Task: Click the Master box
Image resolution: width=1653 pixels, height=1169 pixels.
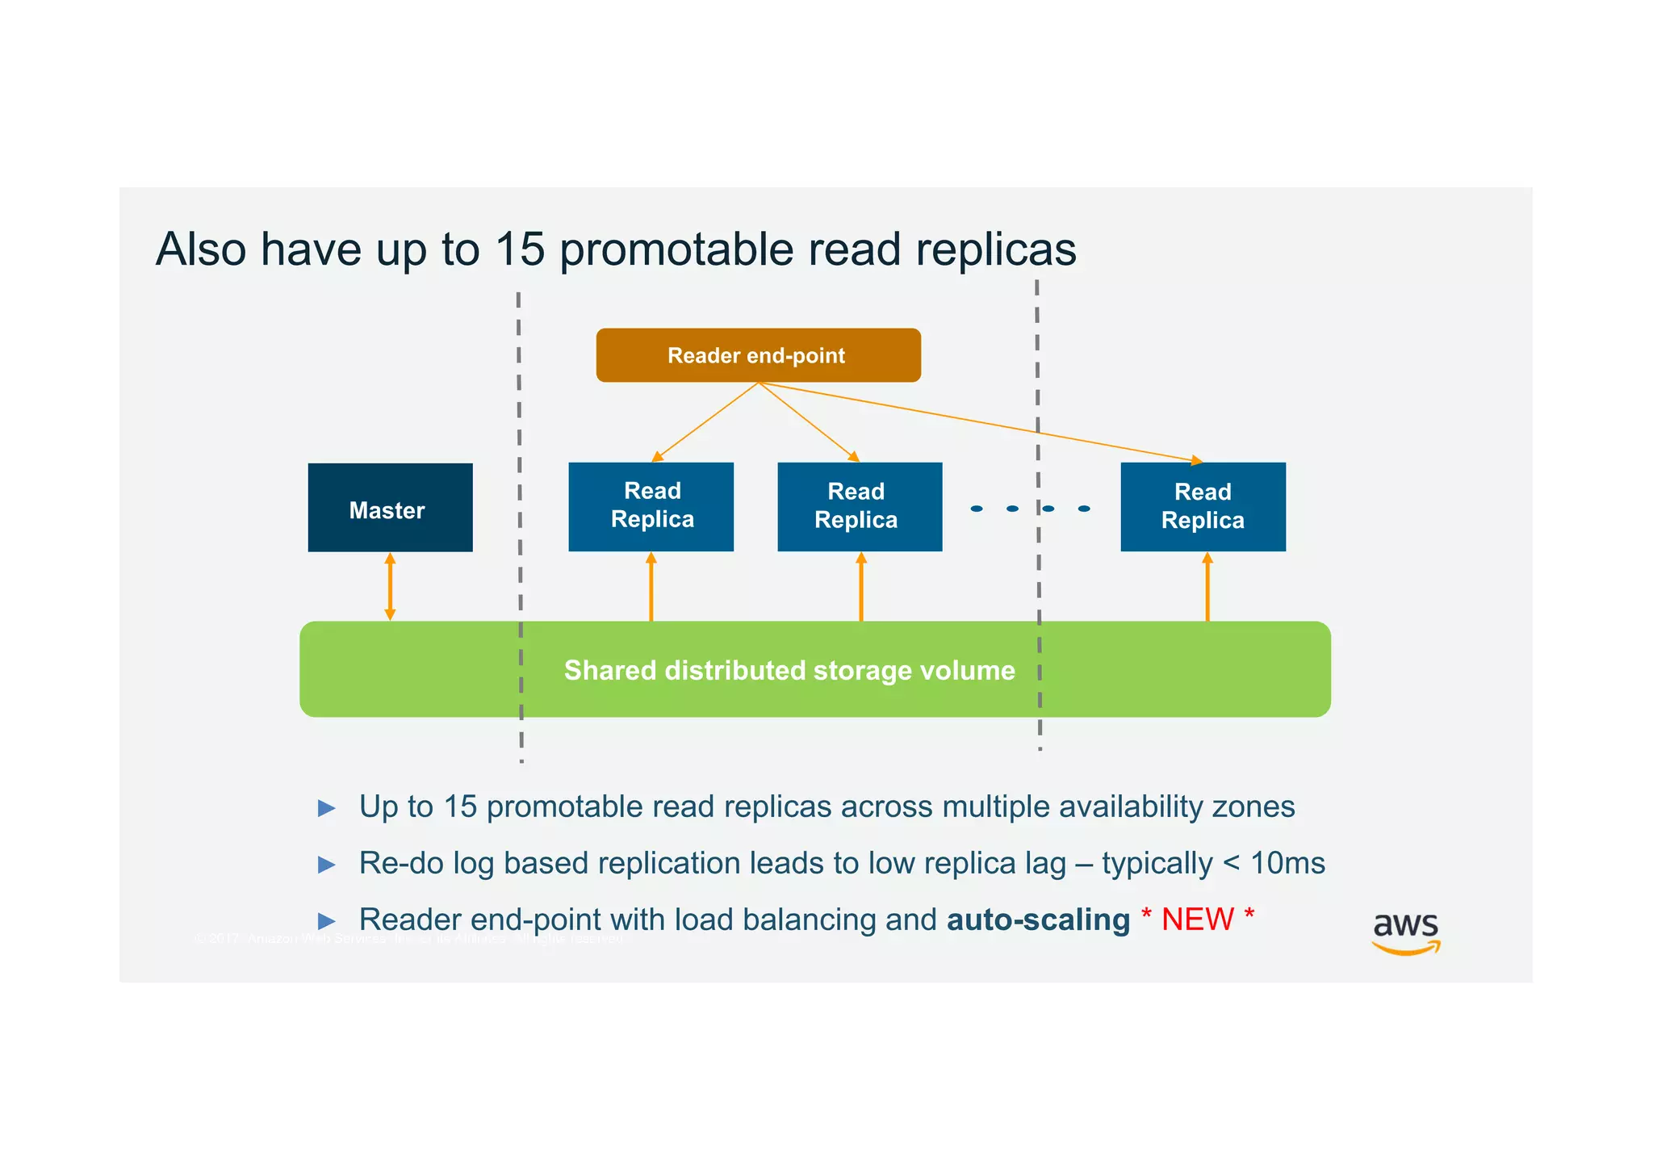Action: [x=390, y=508]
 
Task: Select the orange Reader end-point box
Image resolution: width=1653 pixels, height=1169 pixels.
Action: [x=758, y=355]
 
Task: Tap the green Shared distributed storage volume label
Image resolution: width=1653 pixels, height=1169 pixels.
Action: [x=789, y=670]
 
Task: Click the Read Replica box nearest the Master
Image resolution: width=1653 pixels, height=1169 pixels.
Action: [x=651, y=506]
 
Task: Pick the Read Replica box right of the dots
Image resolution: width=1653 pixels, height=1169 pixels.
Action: [x=1203, y=506]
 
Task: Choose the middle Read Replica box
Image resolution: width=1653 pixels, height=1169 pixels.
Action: [x=860, y=506]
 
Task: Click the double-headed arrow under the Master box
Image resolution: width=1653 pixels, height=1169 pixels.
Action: [x=390, y=586]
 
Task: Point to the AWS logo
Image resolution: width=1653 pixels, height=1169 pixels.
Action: [x=1405, y=932]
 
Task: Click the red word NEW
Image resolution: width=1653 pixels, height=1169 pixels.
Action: [x=1198, y=920]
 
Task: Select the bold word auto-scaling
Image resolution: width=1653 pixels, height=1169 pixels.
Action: [x=1038, y=920]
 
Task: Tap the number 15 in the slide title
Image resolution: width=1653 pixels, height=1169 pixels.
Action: [x=520, y=249]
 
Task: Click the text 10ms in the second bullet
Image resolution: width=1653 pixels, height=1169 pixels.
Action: [x=1287, y=863]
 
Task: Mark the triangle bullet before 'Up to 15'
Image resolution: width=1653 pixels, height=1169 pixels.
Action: [x=327, y=807]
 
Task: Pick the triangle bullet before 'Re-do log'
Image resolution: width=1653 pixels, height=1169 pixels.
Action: [x=327, y=865]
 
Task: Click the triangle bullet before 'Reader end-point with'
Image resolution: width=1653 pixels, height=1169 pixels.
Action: [x=327, y=920]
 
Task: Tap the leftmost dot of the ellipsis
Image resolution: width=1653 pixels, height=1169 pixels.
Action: [x=977, y=509]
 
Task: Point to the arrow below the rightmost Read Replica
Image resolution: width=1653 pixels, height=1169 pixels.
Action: [x=1207, y=586]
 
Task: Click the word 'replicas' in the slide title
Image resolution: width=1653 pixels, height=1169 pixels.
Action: [x=995, y=249]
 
